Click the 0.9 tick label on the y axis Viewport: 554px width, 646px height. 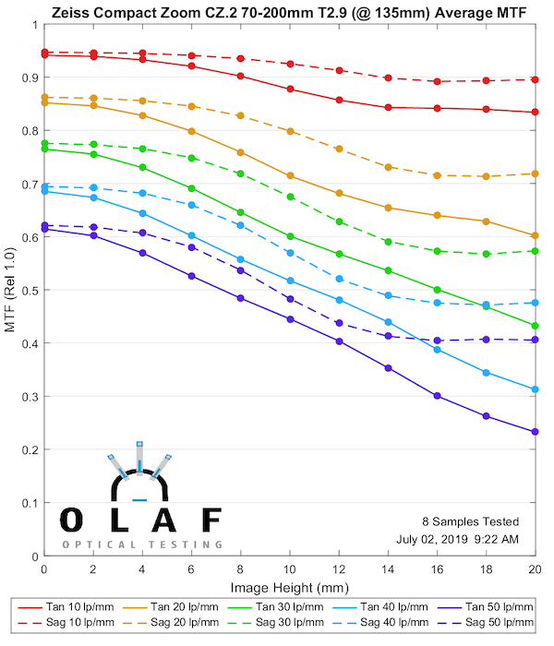[30, 78]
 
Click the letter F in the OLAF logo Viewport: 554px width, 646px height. [211, 520]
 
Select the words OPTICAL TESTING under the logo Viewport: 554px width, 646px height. [142, 544]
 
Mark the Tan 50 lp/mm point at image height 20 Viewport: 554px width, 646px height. [535, 431]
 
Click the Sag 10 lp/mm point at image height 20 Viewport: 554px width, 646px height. [535, 79]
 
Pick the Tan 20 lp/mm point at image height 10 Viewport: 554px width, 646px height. [290, 175]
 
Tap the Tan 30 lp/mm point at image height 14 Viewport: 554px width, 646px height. [388, 270]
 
